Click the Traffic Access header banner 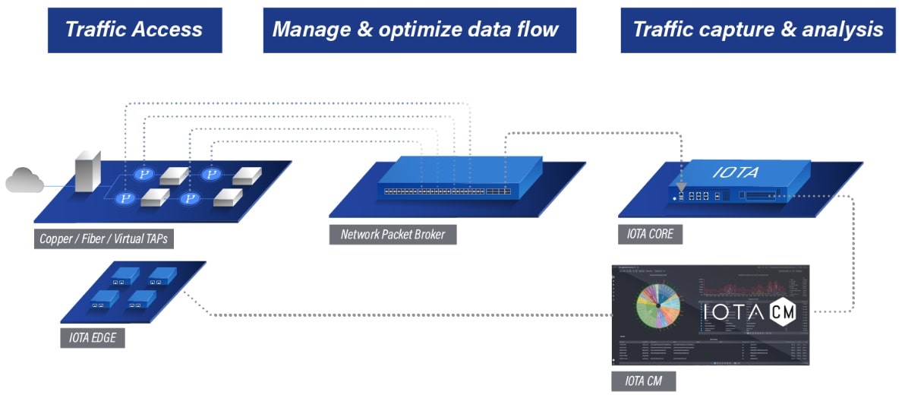(134, 30)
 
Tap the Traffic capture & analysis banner (757, 30)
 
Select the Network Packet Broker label (393, 234)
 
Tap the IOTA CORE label (651, 235)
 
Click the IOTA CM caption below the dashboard (645, 382)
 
